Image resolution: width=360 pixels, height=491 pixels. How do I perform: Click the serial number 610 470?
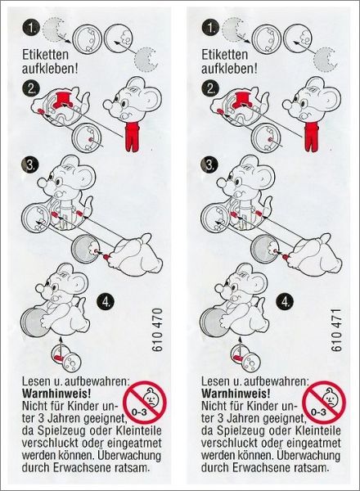[158, 330]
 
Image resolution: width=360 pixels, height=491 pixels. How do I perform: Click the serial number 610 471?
[336, 331]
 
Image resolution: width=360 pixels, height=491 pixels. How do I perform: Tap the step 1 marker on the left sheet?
[31, 28]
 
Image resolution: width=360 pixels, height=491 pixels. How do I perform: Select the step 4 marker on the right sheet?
[285, 302]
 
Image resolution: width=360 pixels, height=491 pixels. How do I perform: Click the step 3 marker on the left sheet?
[30, 164]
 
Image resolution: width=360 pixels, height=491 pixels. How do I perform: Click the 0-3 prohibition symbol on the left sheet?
[145, 402]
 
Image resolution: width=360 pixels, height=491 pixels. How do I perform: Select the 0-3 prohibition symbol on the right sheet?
[324, 402]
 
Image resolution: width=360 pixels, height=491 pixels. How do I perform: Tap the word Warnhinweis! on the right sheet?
[236, 394]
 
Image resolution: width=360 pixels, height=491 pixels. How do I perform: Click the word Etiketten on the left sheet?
[45, 55]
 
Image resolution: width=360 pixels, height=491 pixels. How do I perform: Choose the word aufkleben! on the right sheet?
[229, 69]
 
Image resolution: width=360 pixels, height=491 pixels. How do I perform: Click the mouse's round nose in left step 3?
[42, 182]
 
